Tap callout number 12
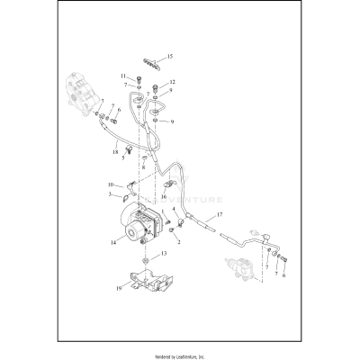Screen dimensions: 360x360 pyautogui.click(x=172, y=83)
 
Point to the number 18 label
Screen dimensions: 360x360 pyautogui.click(x=116, y=153)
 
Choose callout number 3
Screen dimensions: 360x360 pyautogui.click(x=111, y=193)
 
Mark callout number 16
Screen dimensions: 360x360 pyautogui.click(x=164, y=195)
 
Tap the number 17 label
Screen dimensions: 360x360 pyautogui.click(x=218, y=215)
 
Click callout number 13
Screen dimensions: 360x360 pyautogui.click(x=164, y=255)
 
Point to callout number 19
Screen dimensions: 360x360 pyautogui.click(x=118, y=290)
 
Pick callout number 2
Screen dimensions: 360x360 pyautogui.click(x=179, y=242)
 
